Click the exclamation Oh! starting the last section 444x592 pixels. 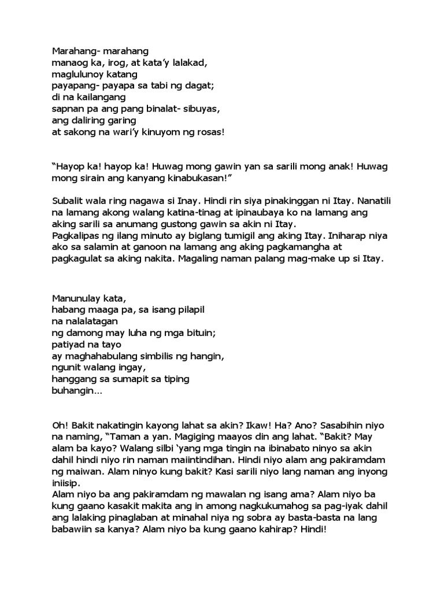[60, 425]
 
